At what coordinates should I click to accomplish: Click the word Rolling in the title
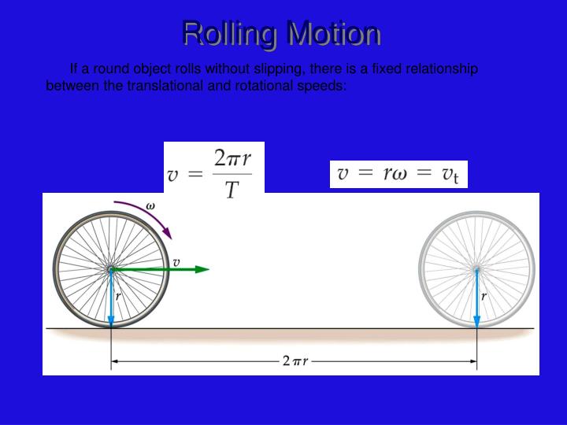[x=228, y=34]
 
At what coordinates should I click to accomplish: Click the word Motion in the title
[x=334, y=34]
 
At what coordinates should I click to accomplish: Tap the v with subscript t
[x=450, y=175]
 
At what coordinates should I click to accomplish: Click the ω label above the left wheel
[x=150, y=205]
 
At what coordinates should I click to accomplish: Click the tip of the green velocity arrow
[x=206, y=269]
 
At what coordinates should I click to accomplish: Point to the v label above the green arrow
[x=176, y=261]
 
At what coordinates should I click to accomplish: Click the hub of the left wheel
[x=111, y=269]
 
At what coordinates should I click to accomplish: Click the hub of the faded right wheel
[x=476, y=270]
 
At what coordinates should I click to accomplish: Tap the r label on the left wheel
[x=118, y=297]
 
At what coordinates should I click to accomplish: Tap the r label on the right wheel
[x=484, y=297]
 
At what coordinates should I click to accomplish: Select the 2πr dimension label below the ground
[x=294, y=362]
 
